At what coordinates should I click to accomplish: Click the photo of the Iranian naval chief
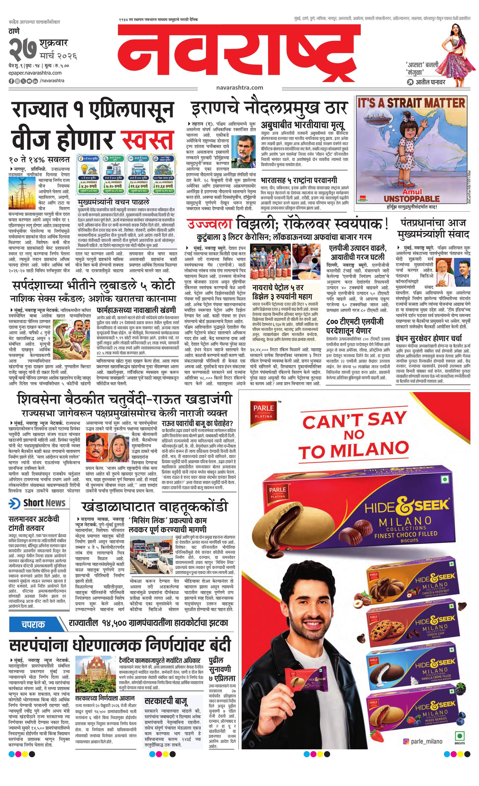pyautogui.click(x=243, y=151)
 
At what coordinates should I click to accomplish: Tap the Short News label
pyautogui.click(x=44, y=503)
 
